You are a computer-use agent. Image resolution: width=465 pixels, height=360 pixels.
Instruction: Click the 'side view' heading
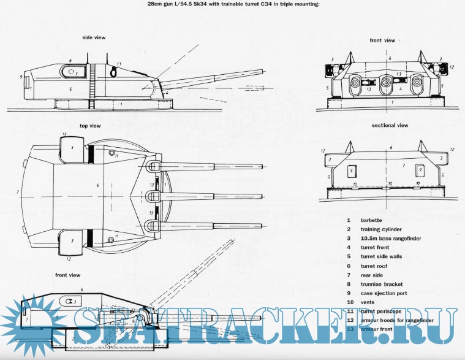pyautogui.click(x=94, y=37)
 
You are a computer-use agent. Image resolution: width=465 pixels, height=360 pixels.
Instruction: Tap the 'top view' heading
pyautogui.click(x=89, y=126)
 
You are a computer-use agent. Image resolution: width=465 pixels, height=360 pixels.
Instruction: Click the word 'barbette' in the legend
pyautogui.click(x=371, y=220)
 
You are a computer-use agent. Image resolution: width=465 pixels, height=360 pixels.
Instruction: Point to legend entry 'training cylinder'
pyautogui.click(x=382, y=229)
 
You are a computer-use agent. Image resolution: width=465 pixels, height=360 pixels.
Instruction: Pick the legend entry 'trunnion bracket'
pyautogui.click(x=382, y=283)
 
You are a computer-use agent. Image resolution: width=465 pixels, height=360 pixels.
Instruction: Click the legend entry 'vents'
pyautogui.click(x=368, y=302)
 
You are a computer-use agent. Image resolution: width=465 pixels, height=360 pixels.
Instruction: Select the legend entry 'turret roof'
pyautogui.click(x=375, y=266)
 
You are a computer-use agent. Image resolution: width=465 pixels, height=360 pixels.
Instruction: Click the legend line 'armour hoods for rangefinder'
pyautogui.click(x=398, y=320)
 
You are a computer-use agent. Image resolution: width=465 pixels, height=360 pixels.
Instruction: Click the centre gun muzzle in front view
pyautogui.click(x=385, y=83)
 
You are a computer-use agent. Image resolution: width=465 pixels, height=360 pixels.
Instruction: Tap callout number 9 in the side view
pyautogui.click(x=21, y=77)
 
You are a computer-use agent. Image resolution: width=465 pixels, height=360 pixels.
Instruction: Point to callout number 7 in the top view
pyautogui.click(x=18, y=193)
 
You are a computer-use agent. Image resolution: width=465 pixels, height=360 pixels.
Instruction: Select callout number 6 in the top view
pyautogui.click(x=98, y=185)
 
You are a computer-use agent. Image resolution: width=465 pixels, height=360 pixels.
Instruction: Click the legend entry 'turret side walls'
pyautogui.click(x=381, y=256)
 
